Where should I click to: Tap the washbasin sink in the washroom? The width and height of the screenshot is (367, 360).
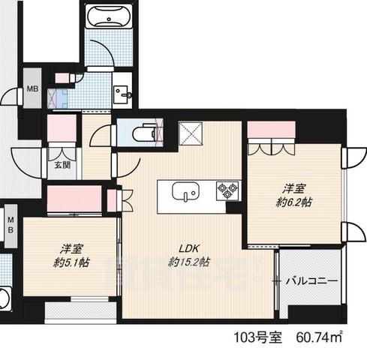(x=122, y=93)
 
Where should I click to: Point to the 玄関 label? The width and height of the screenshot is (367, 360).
(x=61, y=166)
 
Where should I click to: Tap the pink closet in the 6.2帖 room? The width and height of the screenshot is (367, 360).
(x=272, y=129)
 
